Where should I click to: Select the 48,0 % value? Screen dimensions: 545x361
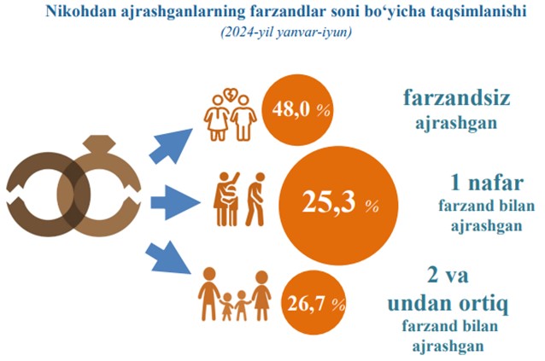pos(301,110)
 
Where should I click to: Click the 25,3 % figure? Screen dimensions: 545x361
pos(340,202)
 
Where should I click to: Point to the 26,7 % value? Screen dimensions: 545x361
pos(316,304)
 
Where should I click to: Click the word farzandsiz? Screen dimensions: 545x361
pos(456,97)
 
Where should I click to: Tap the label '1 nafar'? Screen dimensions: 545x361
pos(487,183)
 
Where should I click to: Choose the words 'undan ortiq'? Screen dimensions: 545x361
pos(448,303)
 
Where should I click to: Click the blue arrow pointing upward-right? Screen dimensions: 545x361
pos(171,146)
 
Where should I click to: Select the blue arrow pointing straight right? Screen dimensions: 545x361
pos(175,202)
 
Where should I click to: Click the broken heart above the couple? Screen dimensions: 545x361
pos(230,94)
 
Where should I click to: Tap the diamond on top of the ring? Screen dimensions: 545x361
pos(99,143)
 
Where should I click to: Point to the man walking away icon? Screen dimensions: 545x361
pos(255,199)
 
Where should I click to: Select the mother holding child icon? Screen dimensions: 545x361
pos(226,199)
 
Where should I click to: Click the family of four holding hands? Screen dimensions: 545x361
pos(234,295)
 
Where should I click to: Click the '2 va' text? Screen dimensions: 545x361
pos(448,276)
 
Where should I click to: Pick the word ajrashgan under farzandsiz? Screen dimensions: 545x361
pos(456,123)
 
